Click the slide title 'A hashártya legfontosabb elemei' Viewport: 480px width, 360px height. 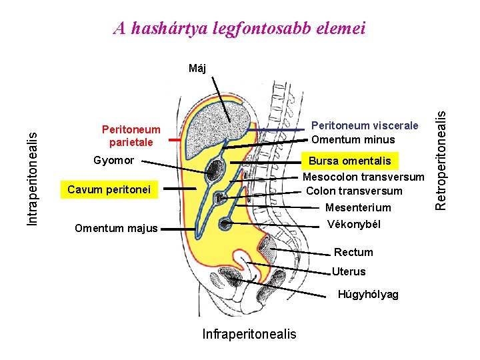(x=239, y=28)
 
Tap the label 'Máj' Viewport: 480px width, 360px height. (x=197, y=68)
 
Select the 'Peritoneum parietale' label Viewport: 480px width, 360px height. (x=131, y=136)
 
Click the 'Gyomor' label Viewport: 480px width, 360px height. (x=113, y=161)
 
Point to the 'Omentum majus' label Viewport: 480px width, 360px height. (x=116, y=229)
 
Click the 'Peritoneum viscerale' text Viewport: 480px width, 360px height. (x=365, y=125)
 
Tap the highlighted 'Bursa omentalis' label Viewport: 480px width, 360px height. (x=349, y=161)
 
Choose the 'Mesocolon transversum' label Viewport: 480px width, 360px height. (x=363, y=177)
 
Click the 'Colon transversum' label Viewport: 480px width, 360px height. (x=354, y=191)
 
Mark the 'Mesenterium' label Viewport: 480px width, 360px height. (x=358, y=207)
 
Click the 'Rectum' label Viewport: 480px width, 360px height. (x=353, y=252)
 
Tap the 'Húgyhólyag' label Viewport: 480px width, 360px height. (x=368, y=294)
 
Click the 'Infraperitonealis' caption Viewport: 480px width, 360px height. (x=249, y=333)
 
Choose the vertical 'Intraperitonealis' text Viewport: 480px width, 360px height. (x=32, y=177)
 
